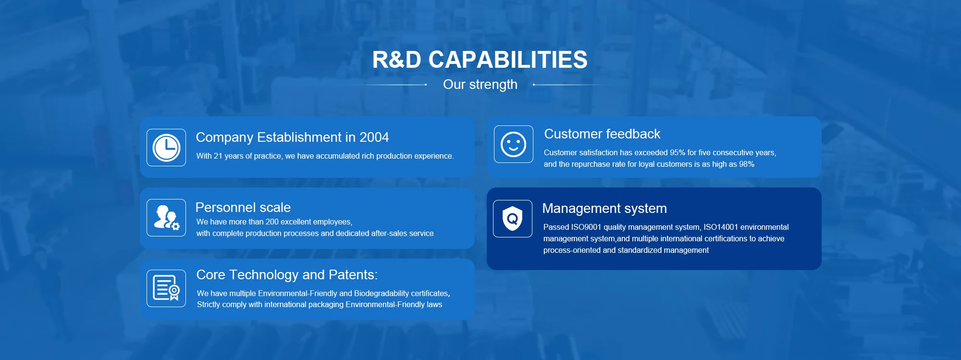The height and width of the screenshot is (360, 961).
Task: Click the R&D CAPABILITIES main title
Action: click(480, 60)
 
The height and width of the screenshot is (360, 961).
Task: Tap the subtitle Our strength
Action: click(480, 85)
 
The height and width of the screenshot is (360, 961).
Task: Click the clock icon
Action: click(166, 148)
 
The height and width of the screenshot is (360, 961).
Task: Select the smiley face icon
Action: click(514, 144)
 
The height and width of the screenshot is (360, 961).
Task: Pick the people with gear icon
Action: click(166, 218)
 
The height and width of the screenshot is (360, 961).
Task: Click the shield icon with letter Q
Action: click(513, 219)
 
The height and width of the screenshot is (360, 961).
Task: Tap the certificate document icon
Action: click(166, 288)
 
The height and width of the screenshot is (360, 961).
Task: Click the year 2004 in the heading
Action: click(374, 137)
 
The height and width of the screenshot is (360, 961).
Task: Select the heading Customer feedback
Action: click(602, 134)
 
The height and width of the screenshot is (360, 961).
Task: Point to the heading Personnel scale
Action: click(243, 208)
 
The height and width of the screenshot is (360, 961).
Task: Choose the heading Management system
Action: click(604, 209)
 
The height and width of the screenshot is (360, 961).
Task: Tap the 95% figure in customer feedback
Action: click(678, 153)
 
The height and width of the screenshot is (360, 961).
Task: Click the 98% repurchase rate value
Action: click(747, 164)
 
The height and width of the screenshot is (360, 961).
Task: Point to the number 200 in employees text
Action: click(272, 222)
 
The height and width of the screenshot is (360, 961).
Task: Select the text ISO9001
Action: click(586, 227)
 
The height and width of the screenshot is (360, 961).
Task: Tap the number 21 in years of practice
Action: click(218, 156)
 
